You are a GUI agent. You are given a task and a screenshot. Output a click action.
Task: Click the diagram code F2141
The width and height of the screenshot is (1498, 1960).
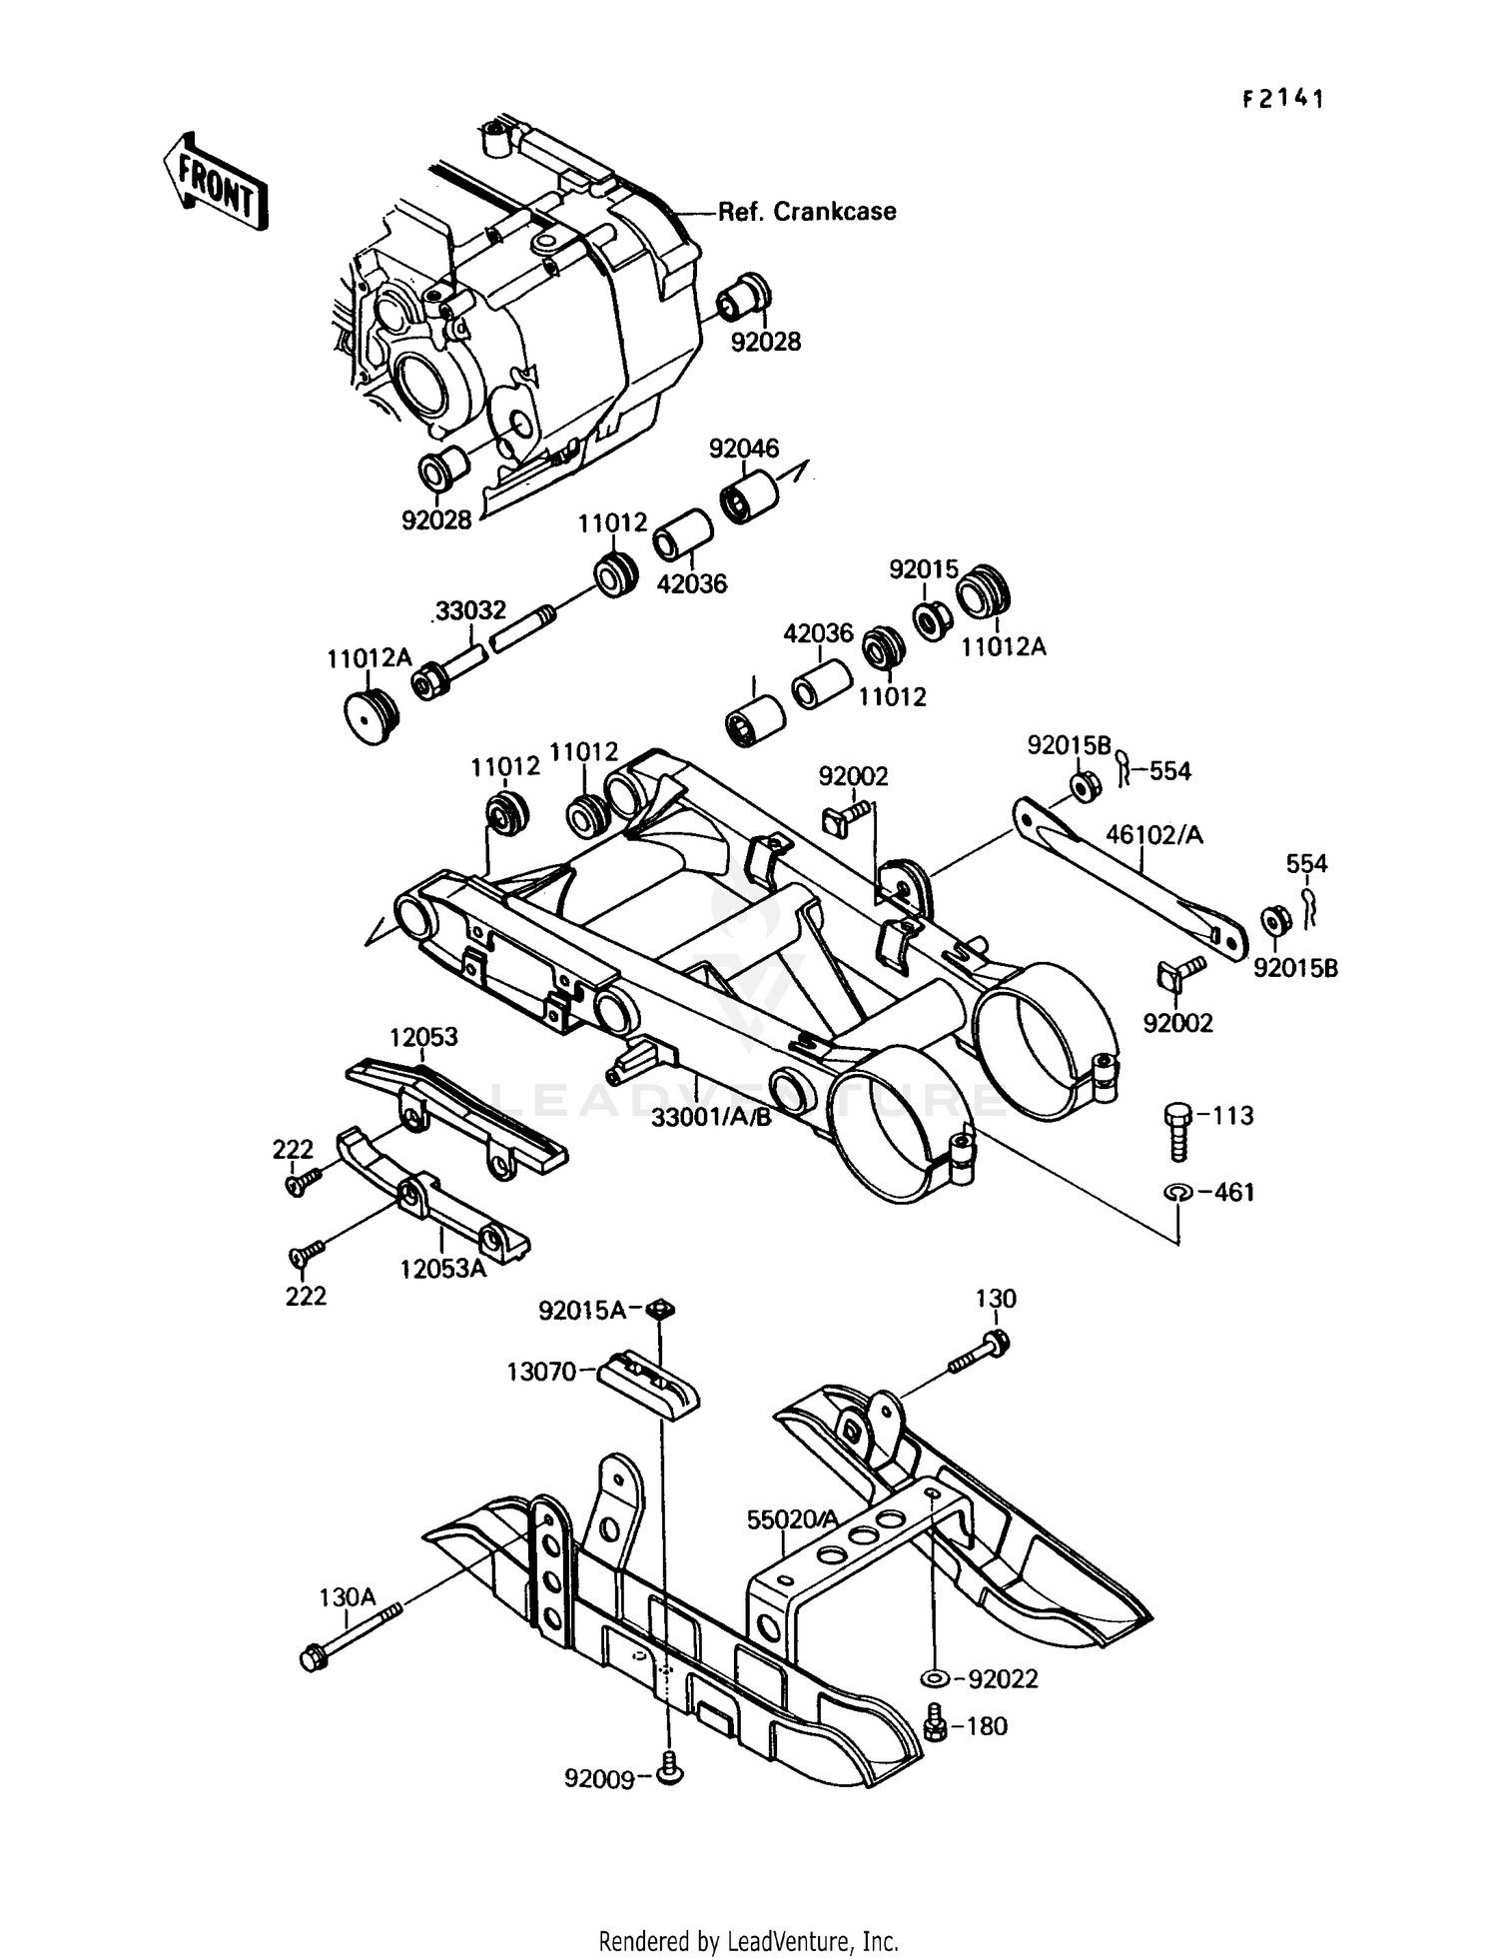click(1283, 99)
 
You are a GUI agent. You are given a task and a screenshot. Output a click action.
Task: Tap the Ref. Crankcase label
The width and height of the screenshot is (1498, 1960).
click(807, 212)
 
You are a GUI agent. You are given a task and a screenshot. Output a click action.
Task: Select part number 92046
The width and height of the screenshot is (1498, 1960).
click(744, 449)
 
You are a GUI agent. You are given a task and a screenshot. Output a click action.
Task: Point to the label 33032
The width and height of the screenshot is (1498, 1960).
click(470, 609)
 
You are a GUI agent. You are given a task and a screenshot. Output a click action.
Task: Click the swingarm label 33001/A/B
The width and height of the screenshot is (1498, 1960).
click(711, 1117)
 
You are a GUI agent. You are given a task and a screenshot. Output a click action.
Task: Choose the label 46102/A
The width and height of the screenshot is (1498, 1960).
click(1153, 834)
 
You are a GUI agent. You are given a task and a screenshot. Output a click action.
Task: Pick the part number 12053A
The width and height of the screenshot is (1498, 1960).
click(443, 1269)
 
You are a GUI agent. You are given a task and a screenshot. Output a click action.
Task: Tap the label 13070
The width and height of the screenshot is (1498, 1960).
click(541, 1372)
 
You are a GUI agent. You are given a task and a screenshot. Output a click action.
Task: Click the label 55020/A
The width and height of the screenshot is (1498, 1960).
click(793, 1519)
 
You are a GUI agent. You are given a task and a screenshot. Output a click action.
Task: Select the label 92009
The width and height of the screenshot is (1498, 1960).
click(599, 1779)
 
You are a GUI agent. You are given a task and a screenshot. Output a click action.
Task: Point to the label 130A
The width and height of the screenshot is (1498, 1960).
click(348, 1597)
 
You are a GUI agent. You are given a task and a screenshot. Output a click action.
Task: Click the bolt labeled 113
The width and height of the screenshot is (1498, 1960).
click(1178, 1130)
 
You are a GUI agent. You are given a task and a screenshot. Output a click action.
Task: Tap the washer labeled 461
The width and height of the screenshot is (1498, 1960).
click(1178, 1192)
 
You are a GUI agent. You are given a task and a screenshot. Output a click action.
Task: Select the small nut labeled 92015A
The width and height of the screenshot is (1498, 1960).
click(657, 1309)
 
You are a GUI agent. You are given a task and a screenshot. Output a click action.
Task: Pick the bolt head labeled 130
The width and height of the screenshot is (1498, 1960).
click(996, 1342)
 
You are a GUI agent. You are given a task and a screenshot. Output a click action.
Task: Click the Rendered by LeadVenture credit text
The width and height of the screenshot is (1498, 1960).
click(748, 1941)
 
